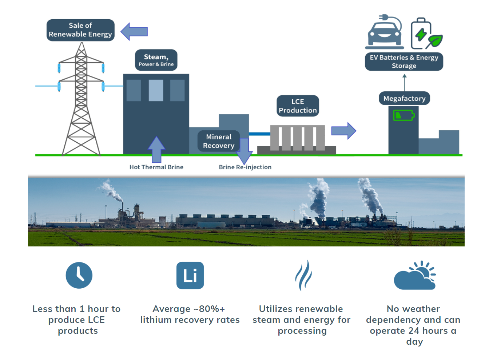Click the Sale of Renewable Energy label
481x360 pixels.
80,30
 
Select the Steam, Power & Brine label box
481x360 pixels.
156,60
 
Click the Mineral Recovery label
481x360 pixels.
219,141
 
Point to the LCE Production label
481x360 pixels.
298,106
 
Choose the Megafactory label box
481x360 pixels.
404,98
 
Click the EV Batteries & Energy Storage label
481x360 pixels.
404,62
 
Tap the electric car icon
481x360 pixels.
385,33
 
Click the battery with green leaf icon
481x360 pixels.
426,34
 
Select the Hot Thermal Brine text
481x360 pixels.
156,167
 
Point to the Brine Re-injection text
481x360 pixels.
245,167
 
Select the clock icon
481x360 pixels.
79,275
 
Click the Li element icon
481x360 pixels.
190,275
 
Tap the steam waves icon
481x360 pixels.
303,275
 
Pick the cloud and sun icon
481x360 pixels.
415,276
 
